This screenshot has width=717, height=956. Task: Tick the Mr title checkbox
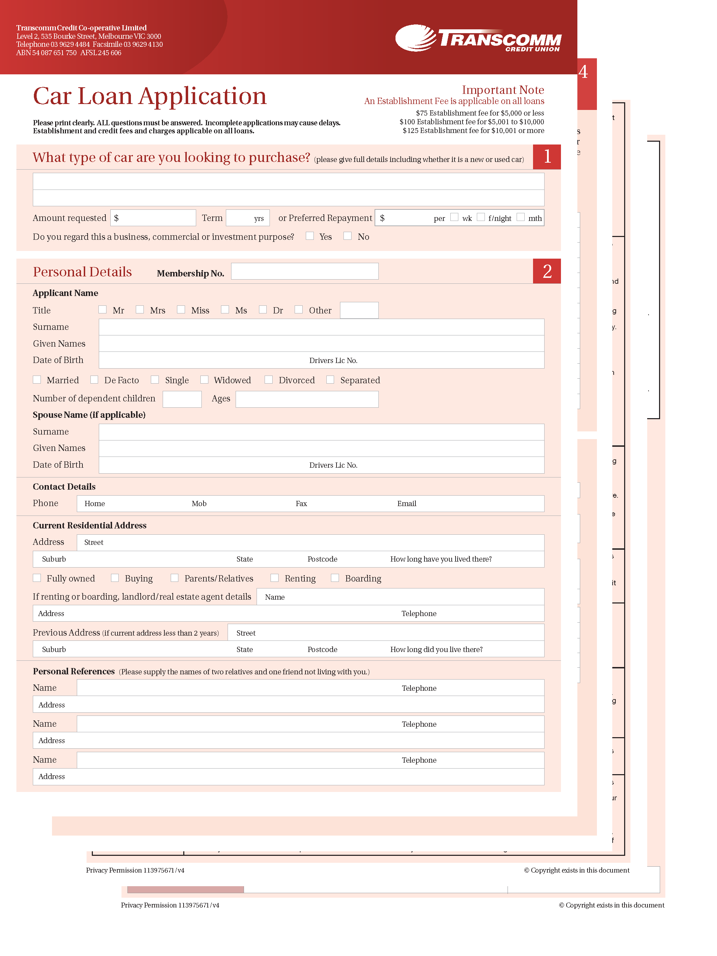102,310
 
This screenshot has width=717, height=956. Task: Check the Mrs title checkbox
140,310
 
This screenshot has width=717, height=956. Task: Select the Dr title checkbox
263,310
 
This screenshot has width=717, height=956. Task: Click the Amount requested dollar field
154,218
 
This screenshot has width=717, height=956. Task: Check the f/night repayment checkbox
481,217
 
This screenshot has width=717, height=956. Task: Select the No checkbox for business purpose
347,236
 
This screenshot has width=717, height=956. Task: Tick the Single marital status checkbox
155,379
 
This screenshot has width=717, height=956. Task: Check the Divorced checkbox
268,379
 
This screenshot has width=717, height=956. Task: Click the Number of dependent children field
182,399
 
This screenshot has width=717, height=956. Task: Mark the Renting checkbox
274,578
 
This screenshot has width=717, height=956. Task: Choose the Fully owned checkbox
37,578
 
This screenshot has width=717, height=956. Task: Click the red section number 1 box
547,156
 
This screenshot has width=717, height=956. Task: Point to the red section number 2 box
547,271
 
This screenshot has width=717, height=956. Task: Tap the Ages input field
307,399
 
